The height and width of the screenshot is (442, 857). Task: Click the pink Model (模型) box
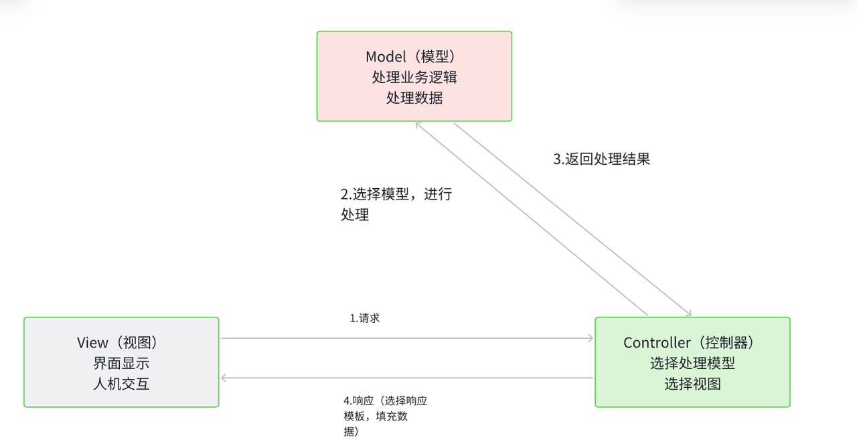click(x=414, y=76)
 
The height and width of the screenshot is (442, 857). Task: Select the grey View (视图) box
click(x=121, y=362)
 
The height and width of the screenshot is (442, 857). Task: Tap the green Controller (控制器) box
click(x=692, y=362)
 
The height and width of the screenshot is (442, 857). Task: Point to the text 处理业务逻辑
click(x=414, y=77)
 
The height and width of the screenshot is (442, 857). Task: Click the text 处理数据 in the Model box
click(x=414, y=98)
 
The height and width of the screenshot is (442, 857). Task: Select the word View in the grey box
click(x=92, y=343)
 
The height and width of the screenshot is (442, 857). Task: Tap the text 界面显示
click(x=121, y=364)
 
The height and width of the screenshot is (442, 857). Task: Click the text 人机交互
click(x=121, y=384)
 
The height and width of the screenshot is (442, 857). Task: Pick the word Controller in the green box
click(x=657, y=343)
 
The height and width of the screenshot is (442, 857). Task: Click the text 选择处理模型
click(x=692, y=364)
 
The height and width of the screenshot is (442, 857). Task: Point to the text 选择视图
click(x=692, y=384)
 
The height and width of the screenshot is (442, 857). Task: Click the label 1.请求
click(x=365, y=319)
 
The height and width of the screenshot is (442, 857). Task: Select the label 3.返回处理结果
click(x=601, y=159)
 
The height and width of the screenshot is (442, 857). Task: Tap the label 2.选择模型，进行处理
click(x=396, y=204)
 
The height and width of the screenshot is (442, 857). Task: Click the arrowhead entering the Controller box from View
click(x=590, y=338)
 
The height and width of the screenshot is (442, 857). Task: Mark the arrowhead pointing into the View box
click(x=225, y=378)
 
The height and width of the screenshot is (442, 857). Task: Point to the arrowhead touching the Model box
click(x=418, y=125)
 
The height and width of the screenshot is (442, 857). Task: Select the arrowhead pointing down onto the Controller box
click(x=688, y=313)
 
